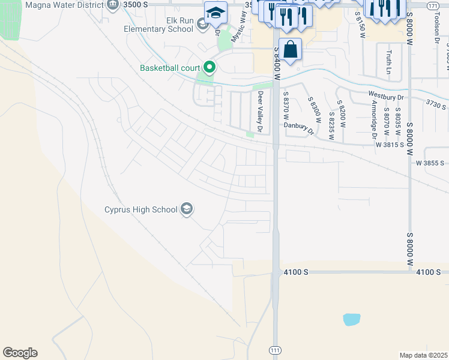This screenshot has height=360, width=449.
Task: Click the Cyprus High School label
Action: [x=141, y=209]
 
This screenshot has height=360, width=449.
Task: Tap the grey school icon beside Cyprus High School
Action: [x=187, y=209]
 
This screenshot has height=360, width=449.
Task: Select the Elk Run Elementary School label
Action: [x=158, y=25]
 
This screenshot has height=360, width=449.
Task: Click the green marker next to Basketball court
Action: [x=209, y=67]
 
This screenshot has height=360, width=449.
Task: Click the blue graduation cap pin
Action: [x=215, y=12]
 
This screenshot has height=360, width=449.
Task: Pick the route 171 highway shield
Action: [x=432, y=5]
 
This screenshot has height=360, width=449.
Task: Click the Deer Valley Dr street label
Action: [x=260, y=112]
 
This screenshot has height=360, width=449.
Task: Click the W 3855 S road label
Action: [x=430, y=163]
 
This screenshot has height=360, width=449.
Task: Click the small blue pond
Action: [x=352, y=319]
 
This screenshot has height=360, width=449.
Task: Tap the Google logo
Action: [x=20, y=353]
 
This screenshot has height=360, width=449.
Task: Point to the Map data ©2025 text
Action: [x=424, y=355]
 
